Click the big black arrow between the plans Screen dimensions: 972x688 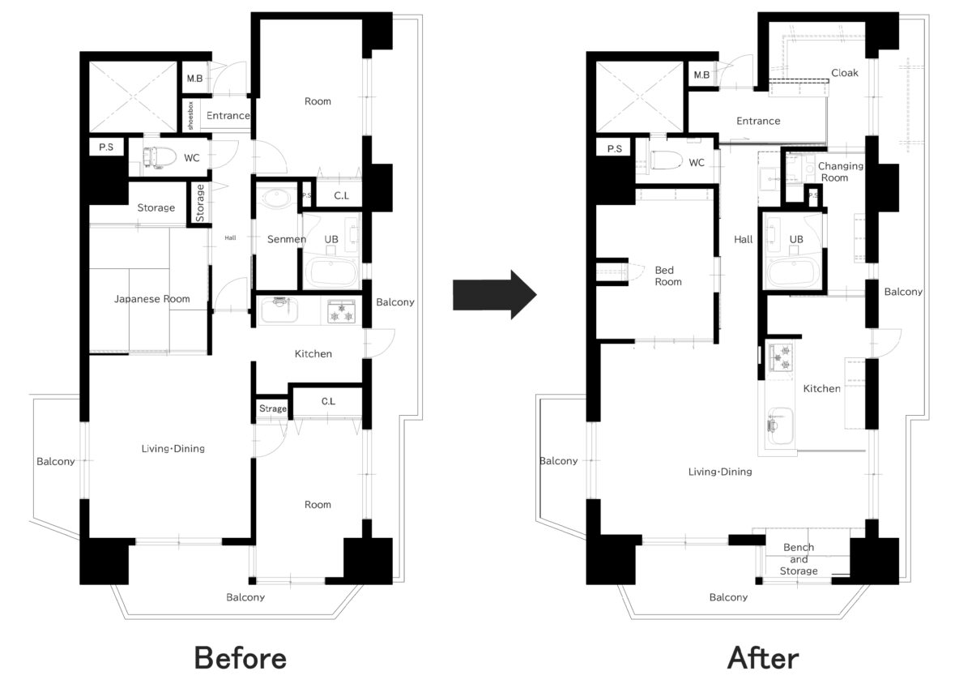click(x=495, y=295)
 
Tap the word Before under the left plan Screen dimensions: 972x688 click(x=241, y=659)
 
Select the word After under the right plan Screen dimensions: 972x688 click(x=763, y=659)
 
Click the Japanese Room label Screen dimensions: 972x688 click(x=152, y=299)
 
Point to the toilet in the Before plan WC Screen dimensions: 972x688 click(x=160, y=157)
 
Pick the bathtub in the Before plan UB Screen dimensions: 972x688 click(x=331, y=272)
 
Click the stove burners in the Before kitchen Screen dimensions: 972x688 click(x=341, y=311)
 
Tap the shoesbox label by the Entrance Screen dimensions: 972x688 click(x=190, y=115)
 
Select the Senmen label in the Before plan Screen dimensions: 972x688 click(x=287, y=239)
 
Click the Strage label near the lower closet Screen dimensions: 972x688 click(x=273, y=408)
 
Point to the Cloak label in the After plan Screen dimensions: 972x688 click(x=844, y=73)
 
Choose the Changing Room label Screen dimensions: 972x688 click(x=840, y=172)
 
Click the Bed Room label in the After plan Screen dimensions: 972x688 click(x=668, y=276)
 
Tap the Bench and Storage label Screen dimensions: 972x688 click(x=799, y=559)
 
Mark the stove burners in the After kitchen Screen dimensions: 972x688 click(x=781, y=357)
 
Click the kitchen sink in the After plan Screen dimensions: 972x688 click(x=780, y=425)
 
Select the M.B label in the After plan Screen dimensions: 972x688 click(x=701, y=75)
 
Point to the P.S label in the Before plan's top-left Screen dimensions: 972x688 click(x=106, y=147)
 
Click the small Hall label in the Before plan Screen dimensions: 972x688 click(x=230, y=238)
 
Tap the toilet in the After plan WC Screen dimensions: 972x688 click(x=666, y=160)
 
